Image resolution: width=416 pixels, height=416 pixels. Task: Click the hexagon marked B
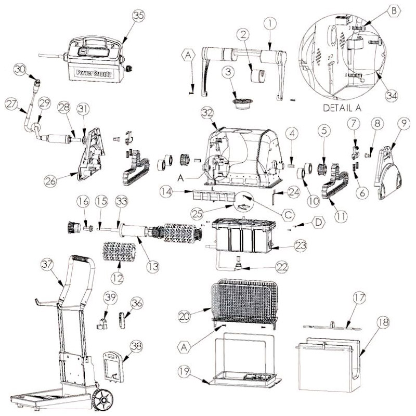pyautogui.click(x=394, y=10)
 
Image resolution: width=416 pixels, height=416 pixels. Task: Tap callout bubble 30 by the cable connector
pyautogui.click(x=20, y=69)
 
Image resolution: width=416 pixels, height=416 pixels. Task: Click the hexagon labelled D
pyautogui.click(x=318, y=223)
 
